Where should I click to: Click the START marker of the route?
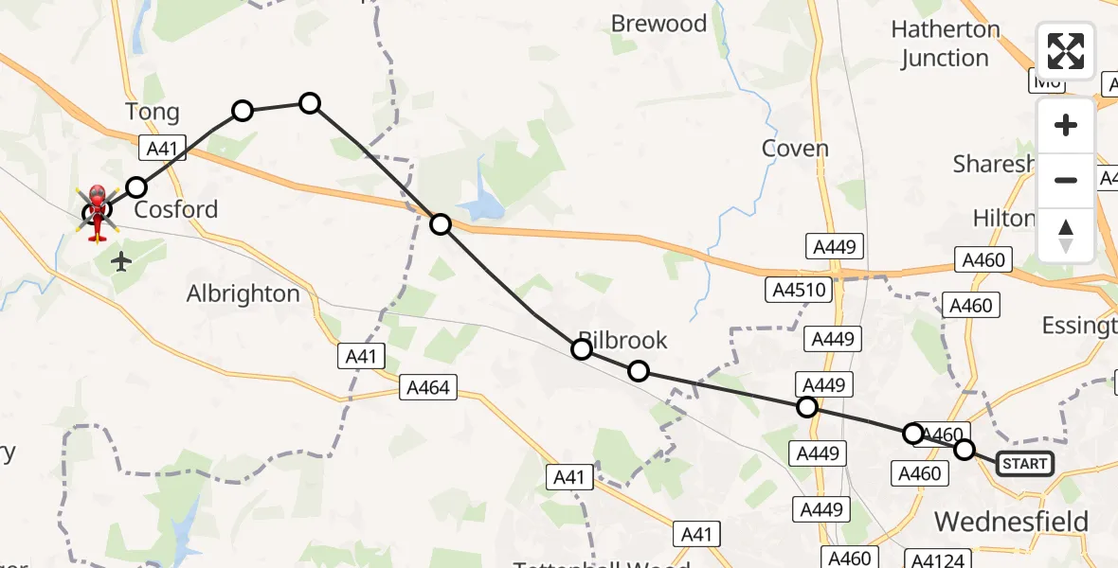coord(1025,463)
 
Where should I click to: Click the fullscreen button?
coord(1066,51)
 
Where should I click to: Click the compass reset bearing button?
coord(1066,235)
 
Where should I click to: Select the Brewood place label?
coord(659,24)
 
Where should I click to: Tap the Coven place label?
coord(795,148)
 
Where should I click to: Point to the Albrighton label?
coord(243,293)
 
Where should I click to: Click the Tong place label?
coord(153,113)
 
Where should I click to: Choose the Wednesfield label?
coord(1011,521)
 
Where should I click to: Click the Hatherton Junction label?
coord(946,44)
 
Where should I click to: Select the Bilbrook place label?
coord(623,340)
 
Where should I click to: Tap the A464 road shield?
coord(429,386)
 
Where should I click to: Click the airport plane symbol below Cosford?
coord(120,261)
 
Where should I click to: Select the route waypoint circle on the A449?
coord(806,407)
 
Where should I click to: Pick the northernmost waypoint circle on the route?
coord(310,103)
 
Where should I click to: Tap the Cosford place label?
coord(176,209)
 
